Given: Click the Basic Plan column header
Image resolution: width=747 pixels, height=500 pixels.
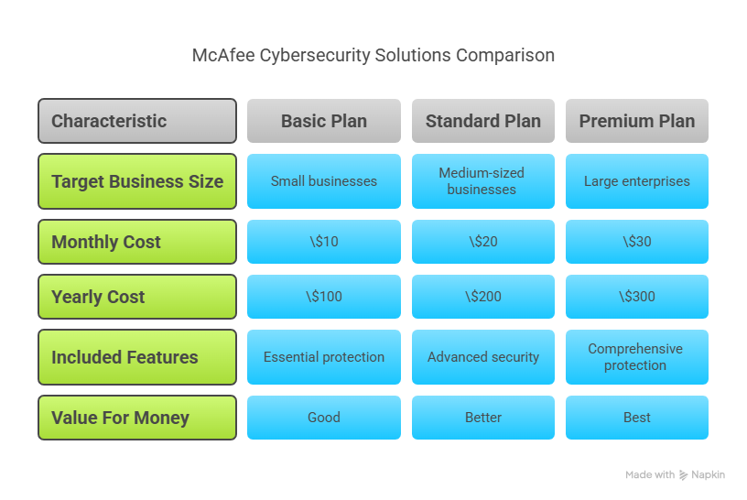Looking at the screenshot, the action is pyautogui.click(x=324, y=121).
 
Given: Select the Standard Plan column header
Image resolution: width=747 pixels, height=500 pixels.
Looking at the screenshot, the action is pyautogui.click(x=483, y=121).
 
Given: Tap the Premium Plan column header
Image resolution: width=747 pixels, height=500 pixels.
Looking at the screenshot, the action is pyautogui.click(x=637, y=121).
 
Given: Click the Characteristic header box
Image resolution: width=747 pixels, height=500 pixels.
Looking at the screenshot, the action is pyautogui.click(x=137, y=121).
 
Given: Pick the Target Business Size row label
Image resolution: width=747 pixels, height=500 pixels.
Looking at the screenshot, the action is pyautogui.click(x=137, y=181).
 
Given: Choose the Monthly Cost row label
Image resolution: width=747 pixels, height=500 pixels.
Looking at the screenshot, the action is pyautogui.click(x=137, y=242).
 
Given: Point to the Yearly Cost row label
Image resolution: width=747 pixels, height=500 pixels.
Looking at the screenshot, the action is pyautogui.click(x=137, y=297).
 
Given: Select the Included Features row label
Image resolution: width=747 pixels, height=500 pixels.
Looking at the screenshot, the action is pyautogui.click(x=137, y=357).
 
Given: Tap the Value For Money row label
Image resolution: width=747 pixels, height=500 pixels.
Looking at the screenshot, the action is pyautogui.click(x=137, y=418).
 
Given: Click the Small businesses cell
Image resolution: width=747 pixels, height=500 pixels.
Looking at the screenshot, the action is pyautogui.click(x=324, y=181).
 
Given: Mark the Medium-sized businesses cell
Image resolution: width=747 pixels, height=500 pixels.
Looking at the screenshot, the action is pyautogui.click(x=483, y=181).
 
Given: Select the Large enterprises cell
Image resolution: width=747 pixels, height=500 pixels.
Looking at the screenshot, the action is pyautogui.click(x=637, y=181).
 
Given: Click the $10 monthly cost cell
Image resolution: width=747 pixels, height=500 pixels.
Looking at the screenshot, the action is pyautogui.click(x=324, y=242).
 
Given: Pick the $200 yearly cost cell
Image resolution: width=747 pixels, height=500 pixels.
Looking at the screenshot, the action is pyautogui.click(x=483, y=297).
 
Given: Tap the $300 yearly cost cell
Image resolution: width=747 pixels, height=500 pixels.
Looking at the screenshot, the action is pyautogui.click(x=637, y=297).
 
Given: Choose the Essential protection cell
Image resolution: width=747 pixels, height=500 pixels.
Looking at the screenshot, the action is pyautogui.click(x=324, y=357).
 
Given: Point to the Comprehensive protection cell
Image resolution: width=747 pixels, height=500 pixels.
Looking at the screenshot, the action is pyautogui.click(x=637, y=357).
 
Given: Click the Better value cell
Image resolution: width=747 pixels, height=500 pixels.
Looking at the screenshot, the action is pyautogui.click(x=483, y=418).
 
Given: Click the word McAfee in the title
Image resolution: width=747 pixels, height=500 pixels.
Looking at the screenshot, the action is pyautogui.click(x=223, y=55).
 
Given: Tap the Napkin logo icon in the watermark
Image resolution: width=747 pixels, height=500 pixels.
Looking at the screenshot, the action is pyautogui.click(x=683, y=474).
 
